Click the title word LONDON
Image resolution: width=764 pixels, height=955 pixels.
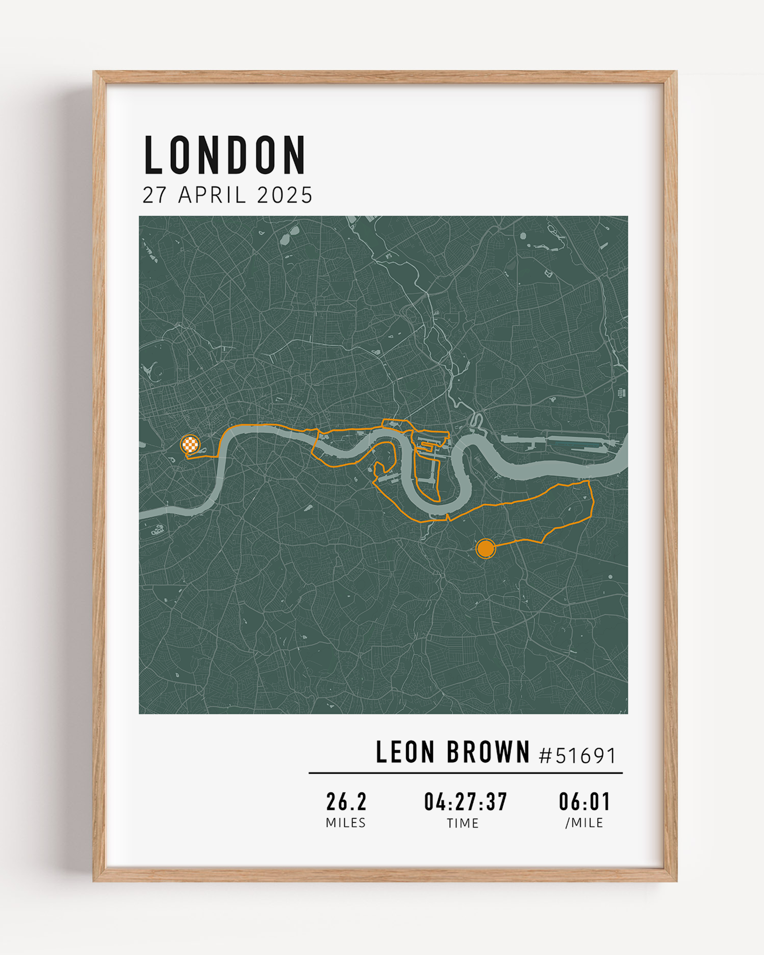click(224, 155)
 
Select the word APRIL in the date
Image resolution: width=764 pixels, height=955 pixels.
click(212, 195)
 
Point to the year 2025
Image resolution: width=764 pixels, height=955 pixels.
click(285, 195)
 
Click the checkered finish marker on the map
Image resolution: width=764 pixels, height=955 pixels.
click(190, 445)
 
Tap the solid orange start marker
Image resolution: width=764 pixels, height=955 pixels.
click(486, 549)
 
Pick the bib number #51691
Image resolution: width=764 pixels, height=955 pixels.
click(578, 755)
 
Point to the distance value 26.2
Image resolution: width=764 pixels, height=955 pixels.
click(347, 802)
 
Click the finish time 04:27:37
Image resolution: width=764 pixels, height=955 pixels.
click(466, 802)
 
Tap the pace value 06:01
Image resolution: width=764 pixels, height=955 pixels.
click(584, 802)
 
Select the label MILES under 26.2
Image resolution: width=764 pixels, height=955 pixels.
click(346, 823)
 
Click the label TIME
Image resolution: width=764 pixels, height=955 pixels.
click(463, 823)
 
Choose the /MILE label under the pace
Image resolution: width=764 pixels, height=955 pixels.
click(584, 823)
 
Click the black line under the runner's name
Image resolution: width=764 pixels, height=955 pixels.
click(466, 773)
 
